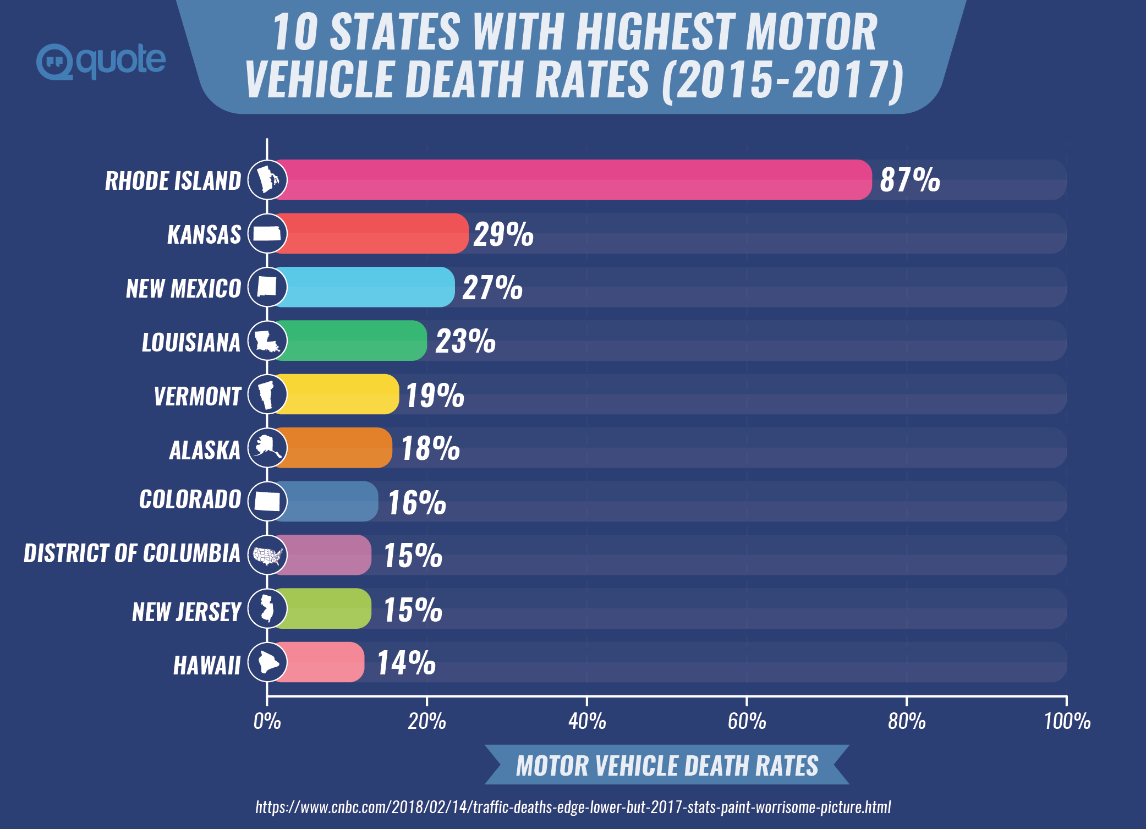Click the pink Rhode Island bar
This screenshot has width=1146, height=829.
pos(572,180)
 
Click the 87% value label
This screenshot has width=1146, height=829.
pos(910,180)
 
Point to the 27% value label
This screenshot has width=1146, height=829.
pos(492,287)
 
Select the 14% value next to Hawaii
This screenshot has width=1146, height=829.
pos(406,662)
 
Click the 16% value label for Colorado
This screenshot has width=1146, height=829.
pos(417,502)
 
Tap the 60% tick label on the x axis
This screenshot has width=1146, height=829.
pos(747,721)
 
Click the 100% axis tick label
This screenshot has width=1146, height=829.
pos(1067,721)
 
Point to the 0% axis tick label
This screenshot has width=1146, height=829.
pos(267,721)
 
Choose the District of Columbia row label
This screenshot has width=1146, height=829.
pos(132,553)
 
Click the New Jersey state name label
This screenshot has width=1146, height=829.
pos(187,612)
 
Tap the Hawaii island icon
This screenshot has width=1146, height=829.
pos(267,662)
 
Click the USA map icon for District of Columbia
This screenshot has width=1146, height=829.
pos(267,555)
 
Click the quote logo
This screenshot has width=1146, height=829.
pos(101,61)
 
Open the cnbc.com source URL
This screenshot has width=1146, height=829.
pos(573,807)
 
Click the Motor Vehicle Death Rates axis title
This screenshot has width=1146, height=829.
pos(667,765)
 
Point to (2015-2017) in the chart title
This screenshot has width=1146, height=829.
pos(782,80)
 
